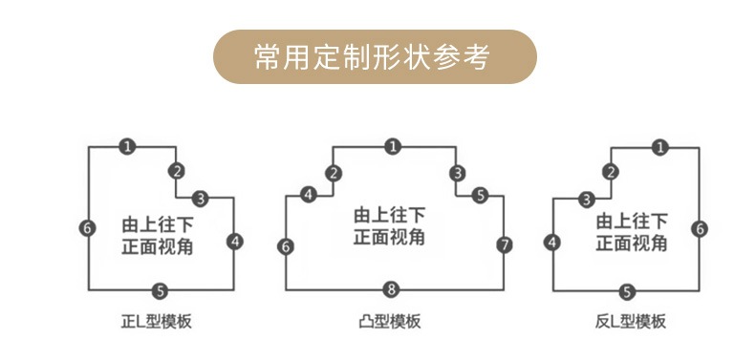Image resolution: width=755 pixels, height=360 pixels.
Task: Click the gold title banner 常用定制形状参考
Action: point(375,56)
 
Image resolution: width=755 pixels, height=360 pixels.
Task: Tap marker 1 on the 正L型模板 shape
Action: point(127,146)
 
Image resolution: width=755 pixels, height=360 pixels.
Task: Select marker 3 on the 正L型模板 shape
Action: point(201,198)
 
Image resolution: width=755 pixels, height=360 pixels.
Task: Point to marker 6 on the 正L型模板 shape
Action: point(87,228)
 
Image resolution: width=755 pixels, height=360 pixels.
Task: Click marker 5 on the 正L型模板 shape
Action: point(160,290)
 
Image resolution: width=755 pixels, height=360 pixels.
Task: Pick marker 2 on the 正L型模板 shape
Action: point(177,171)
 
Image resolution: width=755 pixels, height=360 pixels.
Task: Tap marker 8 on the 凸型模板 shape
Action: point(392,289)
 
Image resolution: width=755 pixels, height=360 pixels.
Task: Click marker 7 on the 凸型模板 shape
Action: point(505,245)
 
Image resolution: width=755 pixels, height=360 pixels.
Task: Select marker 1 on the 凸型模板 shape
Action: point(394,146)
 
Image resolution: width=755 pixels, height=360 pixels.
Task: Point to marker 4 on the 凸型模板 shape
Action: point(309,195)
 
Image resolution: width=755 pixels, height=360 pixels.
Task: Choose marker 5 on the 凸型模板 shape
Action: point(480,195)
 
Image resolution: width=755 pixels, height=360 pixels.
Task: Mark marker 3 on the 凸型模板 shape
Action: point(458,173)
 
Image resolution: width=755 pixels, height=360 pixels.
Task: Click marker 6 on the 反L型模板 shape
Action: point(700,228)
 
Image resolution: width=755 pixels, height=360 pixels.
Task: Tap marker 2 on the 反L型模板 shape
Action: point(611,172)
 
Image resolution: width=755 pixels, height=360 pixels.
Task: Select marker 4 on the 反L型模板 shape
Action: point(552,243)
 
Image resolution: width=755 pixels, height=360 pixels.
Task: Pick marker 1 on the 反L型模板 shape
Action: point(660,147)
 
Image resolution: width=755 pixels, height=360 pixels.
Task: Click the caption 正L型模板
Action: point(156,322)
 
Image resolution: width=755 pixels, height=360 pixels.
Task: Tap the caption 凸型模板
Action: point(390,322)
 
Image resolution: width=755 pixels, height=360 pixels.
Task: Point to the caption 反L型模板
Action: point(631,322)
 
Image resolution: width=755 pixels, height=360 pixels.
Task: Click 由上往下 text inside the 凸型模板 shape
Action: point(390,216)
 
